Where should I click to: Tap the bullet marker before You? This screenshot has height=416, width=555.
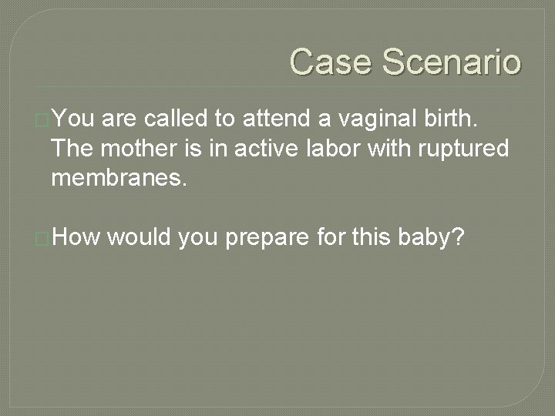(43, 119)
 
